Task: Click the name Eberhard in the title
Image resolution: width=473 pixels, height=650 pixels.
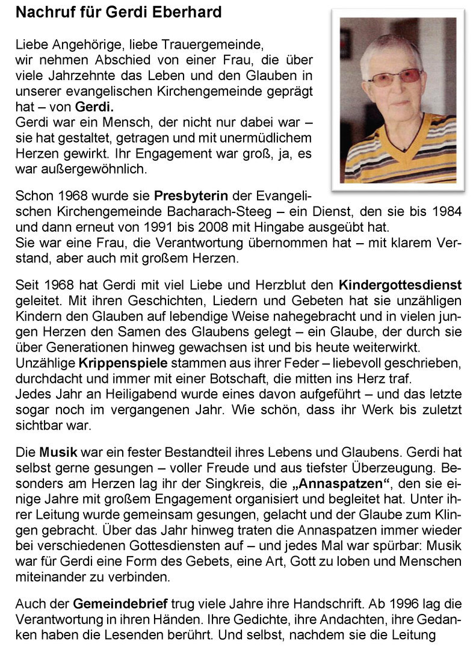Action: click(x=188, y=11)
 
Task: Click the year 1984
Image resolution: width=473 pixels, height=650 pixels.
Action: click(x=448, y=211)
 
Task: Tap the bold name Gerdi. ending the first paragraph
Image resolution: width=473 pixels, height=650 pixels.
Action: click(x=90, y=108)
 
